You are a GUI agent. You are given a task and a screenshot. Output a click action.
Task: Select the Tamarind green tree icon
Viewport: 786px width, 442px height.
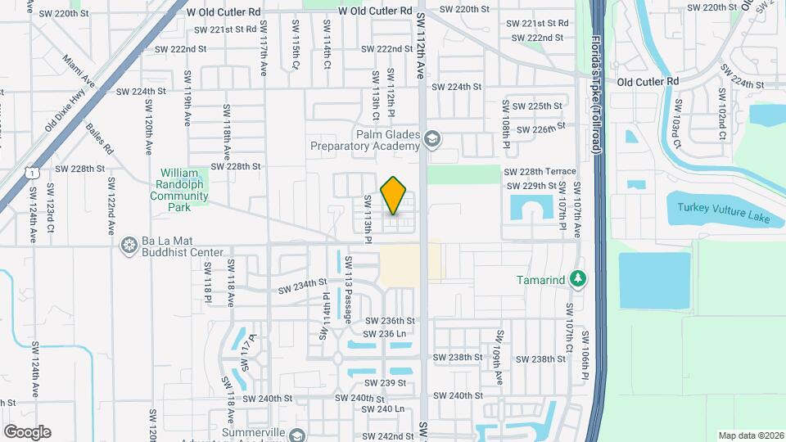(579, 280)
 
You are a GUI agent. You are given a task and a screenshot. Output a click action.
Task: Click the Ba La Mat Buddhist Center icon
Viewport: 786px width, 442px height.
(129, 245)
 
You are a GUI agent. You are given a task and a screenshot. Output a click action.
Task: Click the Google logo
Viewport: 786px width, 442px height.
(27, 431)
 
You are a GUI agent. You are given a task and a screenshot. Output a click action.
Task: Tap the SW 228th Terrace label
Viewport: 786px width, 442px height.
(540, 172)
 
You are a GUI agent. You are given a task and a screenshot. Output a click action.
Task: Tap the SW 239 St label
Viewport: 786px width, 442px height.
(387, 383)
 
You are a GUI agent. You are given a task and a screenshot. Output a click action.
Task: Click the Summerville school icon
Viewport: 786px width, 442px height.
(296, 434)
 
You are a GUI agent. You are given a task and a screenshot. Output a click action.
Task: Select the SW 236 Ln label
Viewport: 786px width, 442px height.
(386, 334)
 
